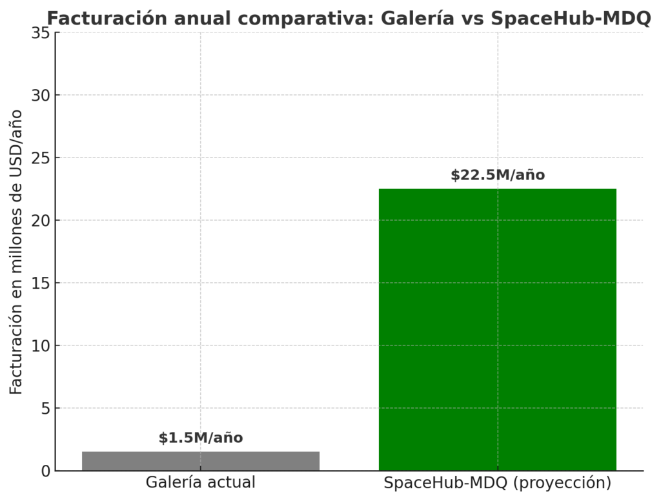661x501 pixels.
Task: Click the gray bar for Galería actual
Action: pos(201,461)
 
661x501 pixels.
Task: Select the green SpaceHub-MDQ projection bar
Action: pos(497,329)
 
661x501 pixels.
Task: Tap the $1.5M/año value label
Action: pos(201,438)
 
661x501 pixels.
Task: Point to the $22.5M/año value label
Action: pos(497,175)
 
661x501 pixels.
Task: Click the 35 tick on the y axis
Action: pos(41,32)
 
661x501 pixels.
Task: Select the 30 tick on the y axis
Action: pos(41,95)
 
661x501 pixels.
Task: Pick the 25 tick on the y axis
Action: pos(41,158)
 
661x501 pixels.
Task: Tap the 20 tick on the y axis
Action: pos(41,220)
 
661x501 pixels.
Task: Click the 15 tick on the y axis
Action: pos(41,283)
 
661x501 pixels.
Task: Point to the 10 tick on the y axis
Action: pos(41,345)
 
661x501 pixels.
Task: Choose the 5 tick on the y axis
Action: pos(45,408)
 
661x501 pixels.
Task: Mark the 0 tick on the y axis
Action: pos(45,471)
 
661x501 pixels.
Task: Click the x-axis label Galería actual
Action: pos(201,483)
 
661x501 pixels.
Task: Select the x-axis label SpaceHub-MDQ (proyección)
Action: pos(497,483)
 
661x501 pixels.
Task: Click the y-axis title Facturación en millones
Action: pos(16,252)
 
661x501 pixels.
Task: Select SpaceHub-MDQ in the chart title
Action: pos(571,19)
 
